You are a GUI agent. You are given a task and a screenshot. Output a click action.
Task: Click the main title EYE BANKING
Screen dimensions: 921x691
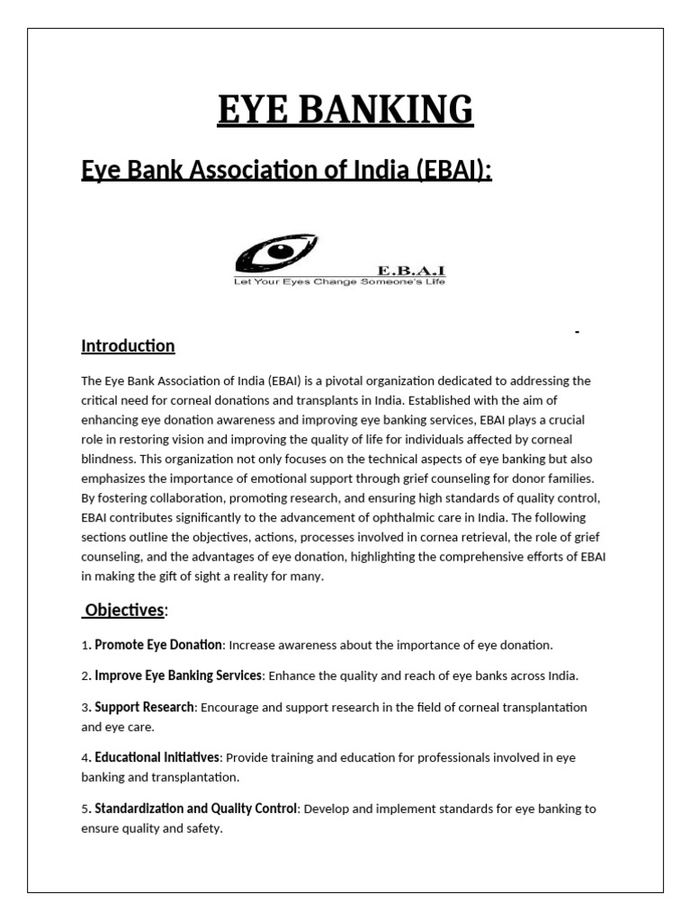click(345, 111)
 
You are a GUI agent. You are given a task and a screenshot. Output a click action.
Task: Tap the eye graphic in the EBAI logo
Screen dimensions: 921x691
click(274, 253)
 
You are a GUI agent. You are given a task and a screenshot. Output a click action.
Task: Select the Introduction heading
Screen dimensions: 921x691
click(128, 346)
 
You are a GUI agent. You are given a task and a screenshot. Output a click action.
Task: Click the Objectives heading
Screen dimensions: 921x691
click(124, 611)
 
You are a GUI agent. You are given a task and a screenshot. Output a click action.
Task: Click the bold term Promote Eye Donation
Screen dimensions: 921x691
click(158, 645)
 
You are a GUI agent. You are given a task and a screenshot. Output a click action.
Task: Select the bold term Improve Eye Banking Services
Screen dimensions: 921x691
click(178, 675)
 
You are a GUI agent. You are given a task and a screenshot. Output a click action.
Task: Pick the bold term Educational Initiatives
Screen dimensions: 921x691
click(159, 758)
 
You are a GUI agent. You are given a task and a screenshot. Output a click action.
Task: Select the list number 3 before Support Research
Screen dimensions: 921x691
click(85, 708)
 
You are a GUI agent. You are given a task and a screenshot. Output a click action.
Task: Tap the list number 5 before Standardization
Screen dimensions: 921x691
click(85, 809)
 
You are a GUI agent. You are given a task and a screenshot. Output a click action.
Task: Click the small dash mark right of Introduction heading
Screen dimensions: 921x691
click(578, 334)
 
